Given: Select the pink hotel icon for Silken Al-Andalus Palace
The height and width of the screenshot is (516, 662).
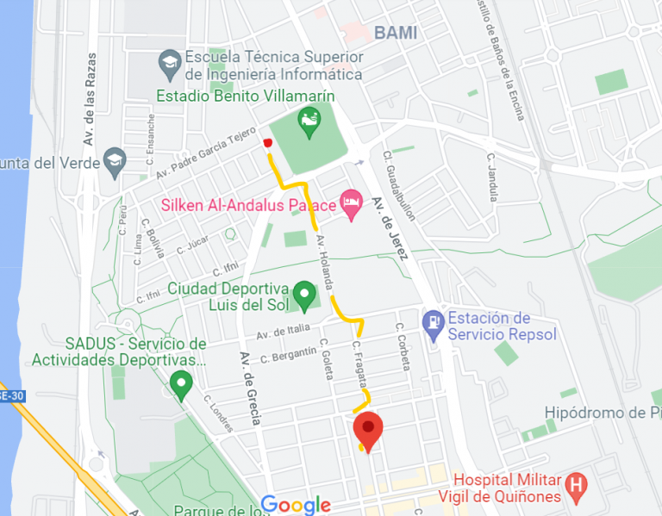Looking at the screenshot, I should point(351,204).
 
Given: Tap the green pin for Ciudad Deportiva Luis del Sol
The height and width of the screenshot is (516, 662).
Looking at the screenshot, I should point(303,295).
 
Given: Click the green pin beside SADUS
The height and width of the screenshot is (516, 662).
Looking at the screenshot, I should point(180,384).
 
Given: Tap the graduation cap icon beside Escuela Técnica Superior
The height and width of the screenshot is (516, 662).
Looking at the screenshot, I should point(170,62).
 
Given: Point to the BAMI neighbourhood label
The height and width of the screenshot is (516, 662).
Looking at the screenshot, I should point(396,34).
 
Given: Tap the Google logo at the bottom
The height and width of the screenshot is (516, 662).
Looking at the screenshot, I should point(296,505).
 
